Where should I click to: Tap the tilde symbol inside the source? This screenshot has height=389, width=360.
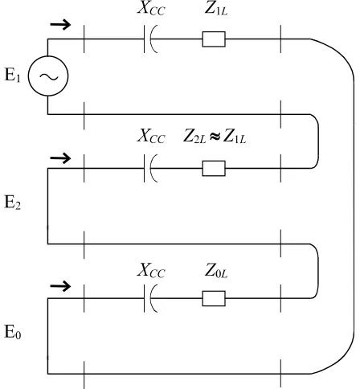pyautogui.click(x=49, y=76)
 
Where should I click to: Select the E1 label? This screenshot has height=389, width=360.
pyautogui.click(x=12, y=75)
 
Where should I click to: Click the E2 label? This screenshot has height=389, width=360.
pyautogui.click(x=12, y=202)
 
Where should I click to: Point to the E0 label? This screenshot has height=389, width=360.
pyautogui.click(x=12, y=332)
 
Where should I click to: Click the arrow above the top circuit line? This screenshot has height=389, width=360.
pyautogui.click(x=60, y=25)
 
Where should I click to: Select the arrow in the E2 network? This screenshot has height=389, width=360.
pyautogui.click(x=60, y=158)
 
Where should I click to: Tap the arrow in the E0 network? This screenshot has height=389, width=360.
pyautogui.click(x=60, y=286)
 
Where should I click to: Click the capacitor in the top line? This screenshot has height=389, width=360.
pyautogui.click(x=150, y=39)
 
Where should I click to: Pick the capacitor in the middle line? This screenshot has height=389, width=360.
pyautogui.click(x=150, y=168)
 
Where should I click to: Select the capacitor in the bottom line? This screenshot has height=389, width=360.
pyautogui.click(x=150, y=298)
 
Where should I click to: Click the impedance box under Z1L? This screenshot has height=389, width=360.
pyautogui.click(x=214, y=39)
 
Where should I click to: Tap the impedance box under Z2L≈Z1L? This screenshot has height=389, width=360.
pyautogui.click(x=214, y=168)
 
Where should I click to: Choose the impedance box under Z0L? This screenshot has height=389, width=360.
pyautogui.click(x=214, y=298)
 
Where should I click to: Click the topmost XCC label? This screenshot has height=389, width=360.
pyautogui.click(x=151, y=8)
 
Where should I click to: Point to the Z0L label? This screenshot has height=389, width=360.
pyautogui.click(x=216, y=270)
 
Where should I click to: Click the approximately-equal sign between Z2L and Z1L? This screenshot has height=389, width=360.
pyautogui.click(x=215, y=137)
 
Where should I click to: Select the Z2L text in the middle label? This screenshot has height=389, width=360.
pyautogui.click(x=195, y=136)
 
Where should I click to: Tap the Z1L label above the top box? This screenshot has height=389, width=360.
pyautogui.click(x=216, y=8)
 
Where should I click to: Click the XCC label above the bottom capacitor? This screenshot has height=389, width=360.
pyautogui.click(x=151, y=270)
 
